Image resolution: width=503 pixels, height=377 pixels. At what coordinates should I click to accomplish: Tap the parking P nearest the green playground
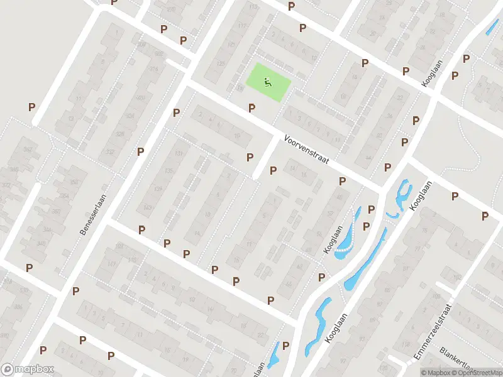[251, 108]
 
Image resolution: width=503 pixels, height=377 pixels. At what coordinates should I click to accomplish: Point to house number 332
[111, 153]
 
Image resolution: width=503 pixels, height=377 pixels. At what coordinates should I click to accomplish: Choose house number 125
[221, 64]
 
